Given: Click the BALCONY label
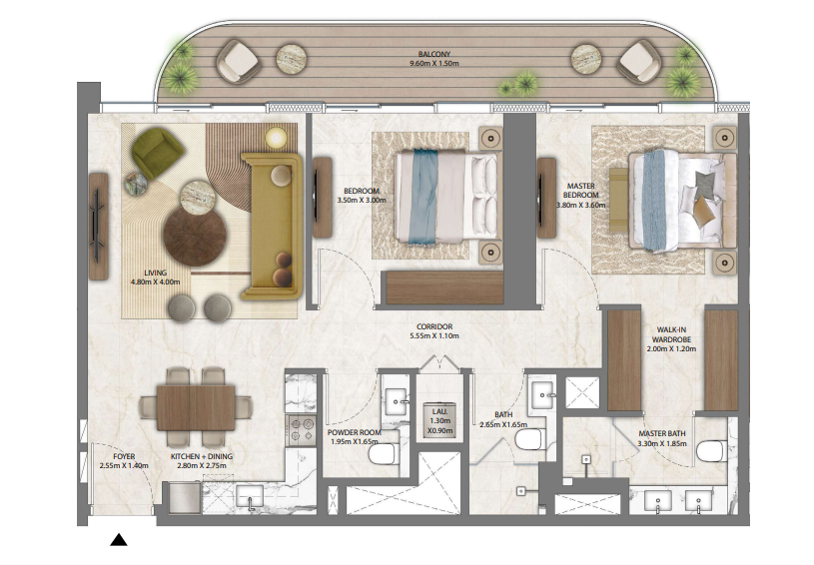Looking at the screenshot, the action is coord(434,54).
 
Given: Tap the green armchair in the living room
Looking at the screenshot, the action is coord(156,148).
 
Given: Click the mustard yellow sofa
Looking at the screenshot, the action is coord(272,227).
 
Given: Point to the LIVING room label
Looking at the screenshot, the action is coord(155,273).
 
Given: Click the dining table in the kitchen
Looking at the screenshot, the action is coord(196,408).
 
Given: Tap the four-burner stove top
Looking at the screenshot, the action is coord(301,429).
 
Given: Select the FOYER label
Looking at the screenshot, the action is coord(124,456).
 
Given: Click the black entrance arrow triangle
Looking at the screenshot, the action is coord(119,540).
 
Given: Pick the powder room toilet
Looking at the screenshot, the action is coord(384,456).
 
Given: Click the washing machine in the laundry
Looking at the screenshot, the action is coord(438,419).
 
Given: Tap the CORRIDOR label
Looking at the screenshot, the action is coord(434,326).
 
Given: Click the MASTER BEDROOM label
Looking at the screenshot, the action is coord(581,191).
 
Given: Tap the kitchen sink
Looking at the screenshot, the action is coord(251,496).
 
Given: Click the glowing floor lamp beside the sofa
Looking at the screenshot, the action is coord(277,138).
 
